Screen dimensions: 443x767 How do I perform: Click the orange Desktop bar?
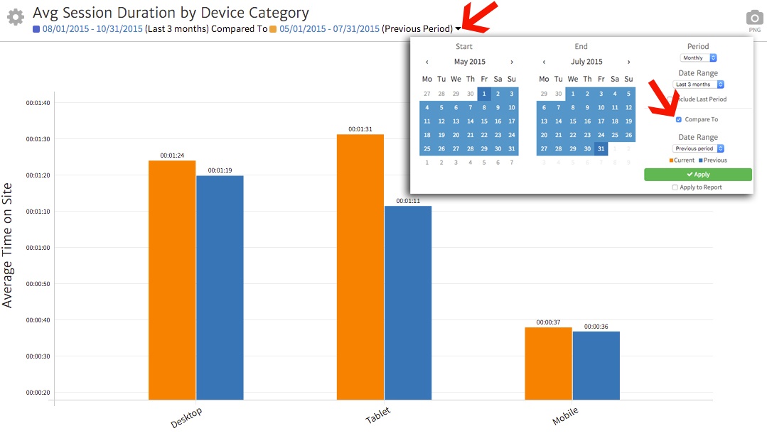coord(172,280)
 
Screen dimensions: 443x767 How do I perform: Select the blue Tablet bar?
coord(408,302)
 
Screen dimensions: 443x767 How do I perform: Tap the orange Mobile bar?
coord(548,363)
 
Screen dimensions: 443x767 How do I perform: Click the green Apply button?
coord(697,175)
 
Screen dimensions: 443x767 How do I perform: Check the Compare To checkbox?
coord(679,119)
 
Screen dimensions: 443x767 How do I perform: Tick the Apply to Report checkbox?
coord(675,187)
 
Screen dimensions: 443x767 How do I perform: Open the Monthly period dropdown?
coord(698,58)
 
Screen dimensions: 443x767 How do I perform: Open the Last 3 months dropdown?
coord(698,84)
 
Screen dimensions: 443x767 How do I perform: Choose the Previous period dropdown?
coord(698,148)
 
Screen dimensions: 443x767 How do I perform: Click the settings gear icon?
coord(15,17)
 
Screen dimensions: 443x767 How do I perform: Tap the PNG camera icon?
coord(754,18)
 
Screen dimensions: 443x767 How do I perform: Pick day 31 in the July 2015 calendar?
coord(601,148)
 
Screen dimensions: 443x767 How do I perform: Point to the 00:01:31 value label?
coord(360,129)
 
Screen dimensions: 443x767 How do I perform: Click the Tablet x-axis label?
coord(377,416)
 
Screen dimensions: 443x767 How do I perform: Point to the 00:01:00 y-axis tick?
coord(38,248)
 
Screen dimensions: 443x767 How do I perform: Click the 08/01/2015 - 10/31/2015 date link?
coord(92,29)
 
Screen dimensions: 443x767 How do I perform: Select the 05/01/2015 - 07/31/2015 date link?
coord(329,29)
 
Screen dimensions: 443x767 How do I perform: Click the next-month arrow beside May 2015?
coord(512,62)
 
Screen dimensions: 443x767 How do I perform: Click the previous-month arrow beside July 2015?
coord(545,62)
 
